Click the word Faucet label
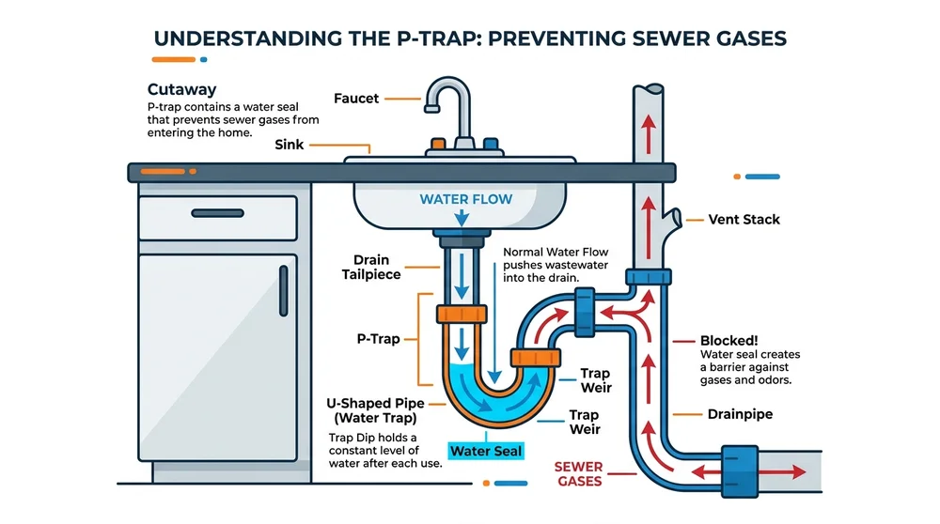coord(358,98)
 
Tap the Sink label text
coord(290,145)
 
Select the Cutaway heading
coord(181,90)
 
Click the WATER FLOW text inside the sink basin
coord(461,199)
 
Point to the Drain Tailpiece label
coord(378,267)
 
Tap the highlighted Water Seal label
coord(485,451)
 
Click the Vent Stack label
coord(747,220)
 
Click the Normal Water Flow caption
coord(555,253)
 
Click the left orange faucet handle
coord(437,146)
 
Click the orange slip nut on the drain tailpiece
coord(462,314)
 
